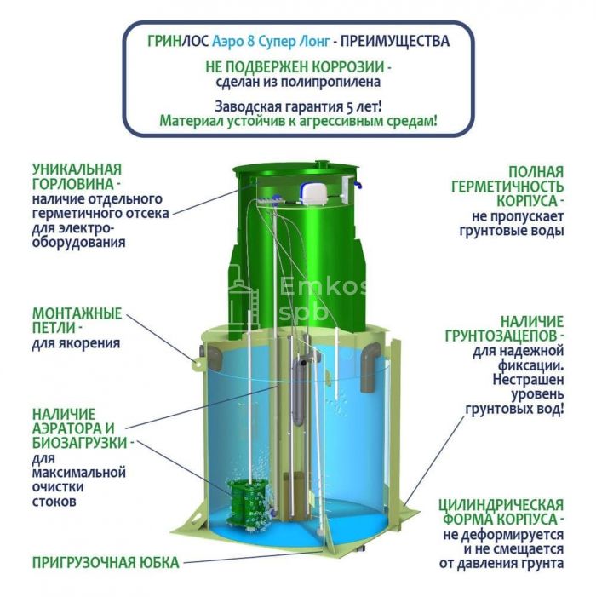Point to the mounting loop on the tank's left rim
pyautogui.click(x=198, y=365)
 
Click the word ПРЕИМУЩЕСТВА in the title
pyautogui.click(x=395, y=41)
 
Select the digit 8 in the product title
pyautogui.click(x=251, y=41)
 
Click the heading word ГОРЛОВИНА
pyautogui.click(x=73, y=184)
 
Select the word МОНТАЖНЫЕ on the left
pyautogui.click(x=77, y=313)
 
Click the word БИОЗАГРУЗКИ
pyautogui.click(x=79, y=443)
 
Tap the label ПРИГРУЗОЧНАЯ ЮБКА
pyautogui.click(x=106, y=563)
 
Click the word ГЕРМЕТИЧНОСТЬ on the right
pyautogui.click(x=507, y=187)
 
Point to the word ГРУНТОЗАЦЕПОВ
pyautogui.click(x=502, y=336)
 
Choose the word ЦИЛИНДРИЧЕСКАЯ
pyautogui.click(x=501, y=505)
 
